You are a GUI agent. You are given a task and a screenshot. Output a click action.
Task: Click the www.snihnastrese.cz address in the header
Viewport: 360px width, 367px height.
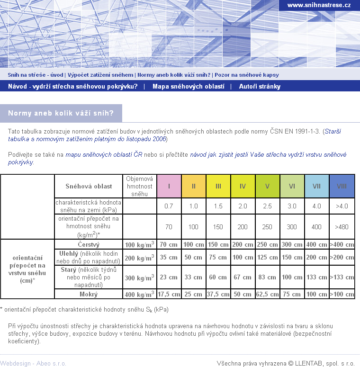[319, 5]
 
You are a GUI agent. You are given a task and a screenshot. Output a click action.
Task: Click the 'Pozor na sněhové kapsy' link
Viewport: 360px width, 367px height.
[246, 75]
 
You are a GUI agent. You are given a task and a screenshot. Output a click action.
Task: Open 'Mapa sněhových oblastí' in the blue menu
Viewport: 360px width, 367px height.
[188, 87]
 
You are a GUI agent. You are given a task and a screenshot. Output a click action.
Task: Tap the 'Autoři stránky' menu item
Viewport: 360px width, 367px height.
[260, 87]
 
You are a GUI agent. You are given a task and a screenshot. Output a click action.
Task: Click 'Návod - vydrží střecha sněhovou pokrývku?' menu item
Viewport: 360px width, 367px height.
[73, 87]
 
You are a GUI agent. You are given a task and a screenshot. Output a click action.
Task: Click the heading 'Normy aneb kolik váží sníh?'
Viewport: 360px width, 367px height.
[61, 113]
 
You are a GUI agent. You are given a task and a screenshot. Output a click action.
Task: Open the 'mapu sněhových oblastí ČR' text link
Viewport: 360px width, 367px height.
[104, 155]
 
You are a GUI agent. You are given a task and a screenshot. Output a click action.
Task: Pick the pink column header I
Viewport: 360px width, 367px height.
[169, 186]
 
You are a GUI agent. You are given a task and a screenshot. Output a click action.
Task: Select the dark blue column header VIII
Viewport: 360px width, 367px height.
[342, 186]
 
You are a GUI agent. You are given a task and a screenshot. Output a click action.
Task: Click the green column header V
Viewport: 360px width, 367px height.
[268, 186]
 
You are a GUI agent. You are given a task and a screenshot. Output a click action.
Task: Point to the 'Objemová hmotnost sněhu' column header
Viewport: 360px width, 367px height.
[139, 186]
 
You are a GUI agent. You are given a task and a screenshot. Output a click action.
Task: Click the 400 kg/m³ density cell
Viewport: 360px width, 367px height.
[139, 294]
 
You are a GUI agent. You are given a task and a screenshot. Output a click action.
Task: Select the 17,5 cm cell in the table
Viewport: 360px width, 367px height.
[169, 294]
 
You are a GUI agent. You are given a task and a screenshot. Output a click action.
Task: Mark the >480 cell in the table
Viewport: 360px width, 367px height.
[342, 227]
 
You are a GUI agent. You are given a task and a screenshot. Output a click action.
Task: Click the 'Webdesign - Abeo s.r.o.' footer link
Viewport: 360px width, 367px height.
[33, 363]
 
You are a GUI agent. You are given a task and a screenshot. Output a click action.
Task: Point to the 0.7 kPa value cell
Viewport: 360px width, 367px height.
[169, 206]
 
